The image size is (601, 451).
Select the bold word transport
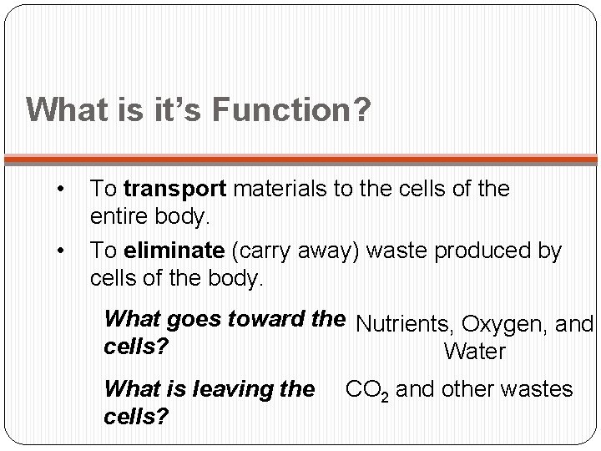tap(173, 190)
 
